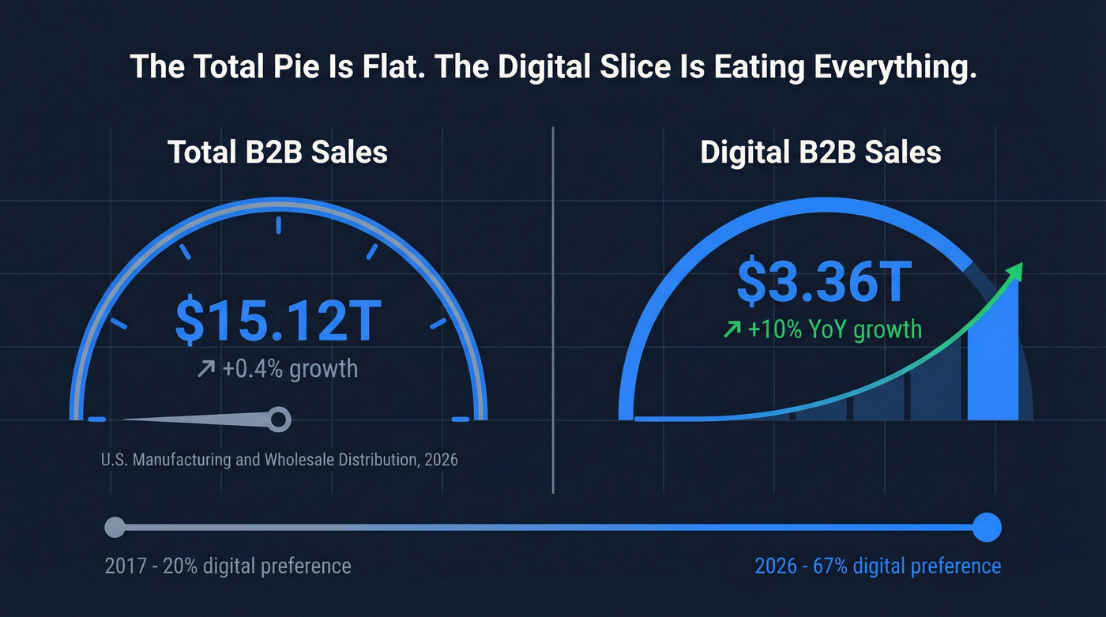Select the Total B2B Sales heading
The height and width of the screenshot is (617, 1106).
pos(277,152)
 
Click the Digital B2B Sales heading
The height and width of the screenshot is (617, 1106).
pos(821,152)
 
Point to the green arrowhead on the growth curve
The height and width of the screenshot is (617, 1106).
pos(1016,271)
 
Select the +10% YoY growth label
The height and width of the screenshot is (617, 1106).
pos(834,328)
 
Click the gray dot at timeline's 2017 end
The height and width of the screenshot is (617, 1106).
pos(115,526)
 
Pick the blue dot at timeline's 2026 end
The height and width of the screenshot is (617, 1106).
pos(986,527)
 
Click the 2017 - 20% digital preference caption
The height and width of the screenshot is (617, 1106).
pos(228,566)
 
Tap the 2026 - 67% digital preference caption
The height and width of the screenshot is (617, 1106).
pos(878,566)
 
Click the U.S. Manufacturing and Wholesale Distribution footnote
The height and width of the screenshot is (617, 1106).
pos(280,459)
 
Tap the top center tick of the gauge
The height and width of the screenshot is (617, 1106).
pos(278,225)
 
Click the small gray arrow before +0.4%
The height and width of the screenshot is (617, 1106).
pos(206,369)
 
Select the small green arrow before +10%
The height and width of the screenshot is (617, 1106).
pos(732,329)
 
